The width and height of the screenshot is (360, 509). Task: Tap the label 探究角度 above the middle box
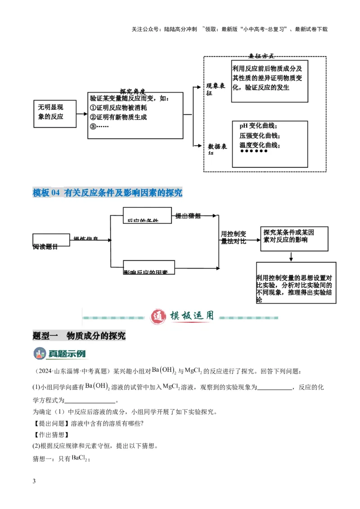tap(132, 91)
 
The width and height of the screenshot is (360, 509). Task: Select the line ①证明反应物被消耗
tap(118, 108)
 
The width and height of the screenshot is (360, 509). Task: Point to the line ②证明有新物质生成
tap(118, 117)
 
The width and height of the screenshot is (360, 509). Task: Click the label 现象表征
tap(216, 89)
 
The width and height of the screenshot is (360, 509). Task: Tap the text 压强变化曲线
tap(259, 136)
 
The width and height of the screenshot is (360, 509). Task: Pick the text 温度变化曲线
tap(260, 145)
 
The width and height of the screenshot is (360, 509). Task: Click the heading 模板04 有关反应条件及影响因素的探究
tap(108, 192)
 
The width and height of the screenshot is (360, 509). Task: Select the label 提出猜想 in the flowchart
tap(188, 216)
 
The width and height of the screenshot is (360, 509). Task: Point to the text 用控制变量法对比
tap(233, 237)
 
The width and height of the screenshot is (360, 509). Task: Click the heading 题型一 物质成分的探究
tap(79, 336)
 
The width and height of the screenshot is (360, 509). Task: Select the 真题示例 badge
tap(60, 353)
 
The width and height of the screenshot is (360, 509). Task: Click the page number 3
tap(34, 482)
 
